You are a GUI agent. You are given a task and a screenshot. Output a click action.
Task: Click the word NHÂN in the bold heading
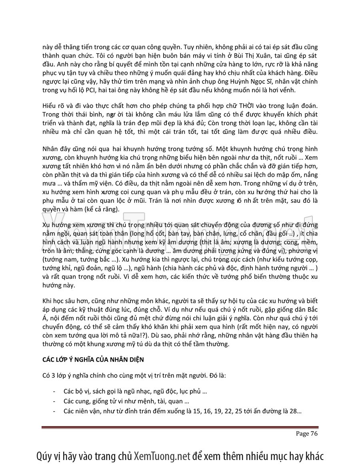coord(116,360)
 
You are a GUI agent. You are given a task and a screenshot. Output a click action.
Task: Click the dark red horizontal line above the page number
coord(180,428)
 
